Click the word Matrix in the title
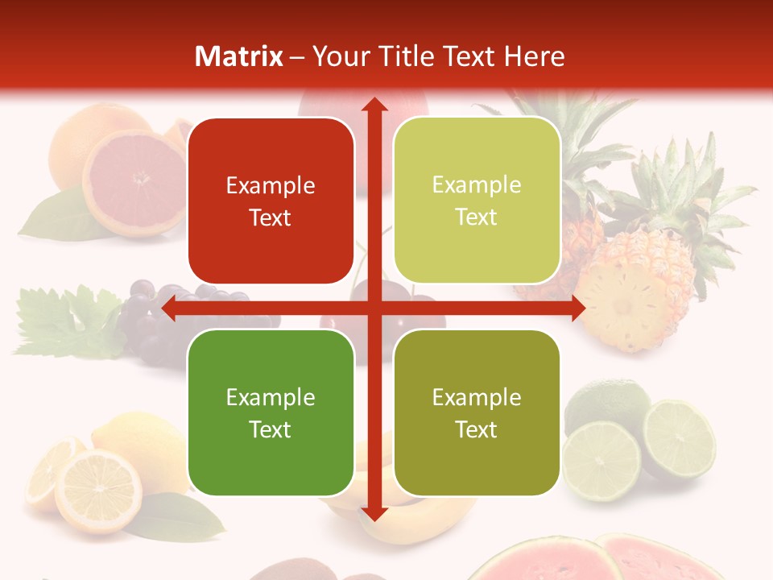click(239, 56)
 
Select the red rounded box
click(271, 201)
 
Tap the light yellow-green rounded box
click(477, 201)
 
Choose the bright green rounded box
click(271, 412)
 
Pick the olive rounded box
click(477, 412)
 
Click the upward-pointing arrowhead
click(373, 105)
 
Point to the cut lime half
click(679, 439)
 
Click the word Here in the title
click(534, 56)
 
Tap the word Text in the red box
click(271, 217)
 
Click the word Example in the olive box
click(477, 397)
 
